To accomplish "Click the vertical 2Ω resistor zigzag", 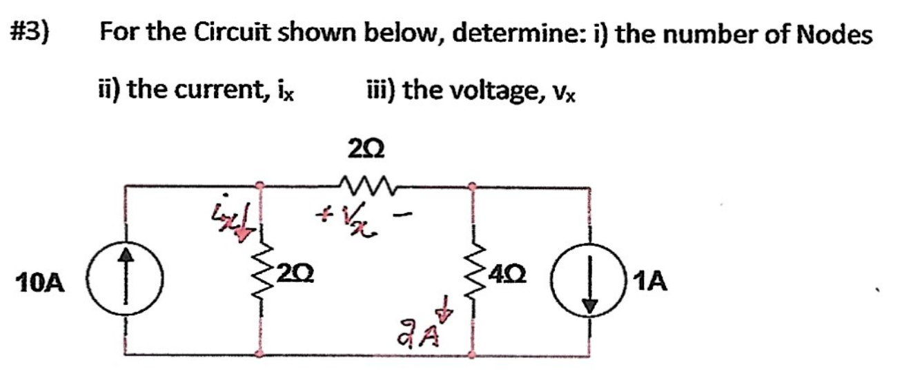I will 259,276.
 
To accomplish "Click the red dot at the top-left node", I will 259,185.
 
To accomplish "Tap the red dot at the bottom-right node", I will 471,355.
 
